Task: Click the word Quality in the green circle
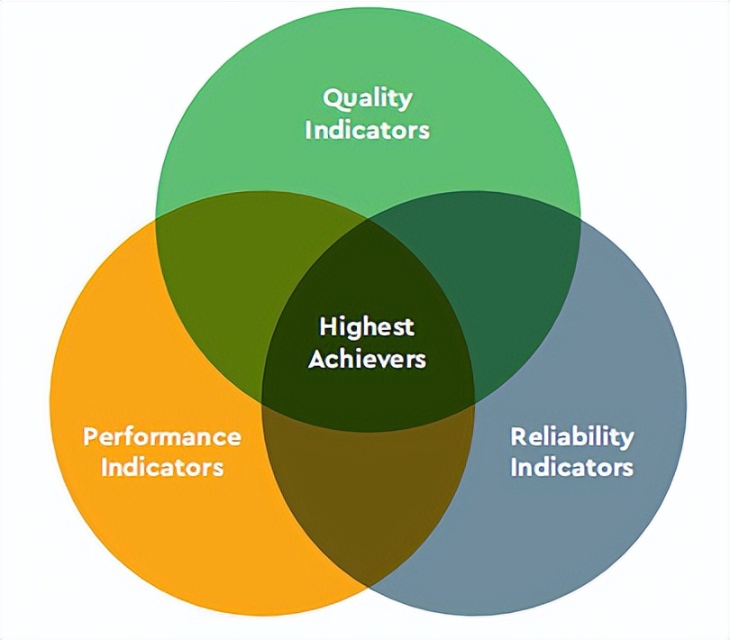point(368,97)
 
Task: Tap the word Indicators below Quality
point(368,129)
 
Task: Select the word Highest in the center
point(367,326)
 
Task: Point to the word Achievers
point(367,358)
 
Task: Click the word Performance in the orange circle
point(162,436)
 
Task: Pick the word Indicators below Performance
point(162,467)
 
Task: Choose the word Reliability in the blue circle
point(572,436)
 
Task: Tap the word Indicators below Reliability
point(572,467)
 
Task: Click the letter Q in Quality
point(332,96)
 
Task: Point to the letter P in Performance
point(90,437)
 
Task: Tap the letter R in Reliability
point(518,436)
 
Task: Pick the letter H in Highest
point(327,325)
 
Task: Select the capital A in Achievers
point(316,358)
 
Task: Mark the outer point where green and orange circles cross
point(155,216)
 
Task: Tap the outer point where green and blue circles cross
point(579,216)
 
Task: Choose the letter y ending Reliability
point(627,439)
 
